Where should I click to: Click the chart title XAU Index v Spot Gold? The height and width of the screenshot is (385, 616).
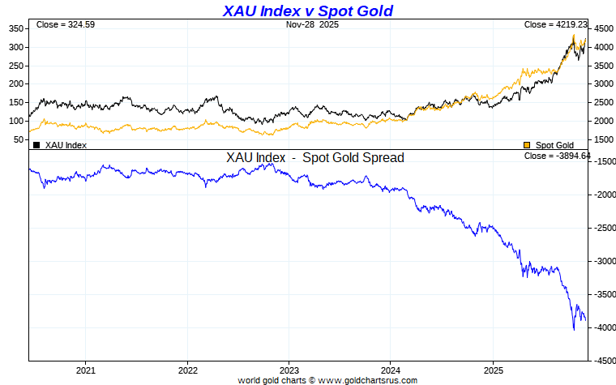307,11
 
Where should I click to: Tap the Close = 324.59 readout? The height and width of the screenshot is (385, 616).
65,25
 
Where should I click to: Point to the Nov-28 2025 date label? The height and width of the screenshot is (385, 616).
313,25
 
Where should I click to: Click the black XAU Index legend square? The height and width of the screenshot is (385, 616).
36,145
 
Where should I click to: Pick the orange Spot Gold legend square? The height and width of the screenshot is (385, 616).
528,145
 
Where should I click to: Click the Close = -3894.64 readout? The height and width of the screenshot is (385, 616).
558,156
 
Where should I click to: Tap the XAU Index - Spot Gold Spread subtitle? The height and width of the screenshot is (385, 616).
315,158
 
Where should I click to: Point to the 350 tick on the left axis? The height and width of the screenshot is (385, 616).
15,28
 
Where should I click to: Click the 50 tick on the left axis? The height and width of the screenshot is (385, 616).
18,139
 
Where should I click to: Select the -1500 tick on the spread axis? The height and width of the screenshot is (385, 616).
603,162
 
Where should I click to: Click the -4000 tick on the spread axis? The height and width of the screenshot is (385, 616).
603,327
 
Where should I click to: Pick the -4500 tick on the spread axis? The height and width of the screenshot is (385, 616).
603,361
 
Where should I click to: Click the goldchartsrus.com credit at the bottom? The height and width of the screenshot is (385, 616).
327,380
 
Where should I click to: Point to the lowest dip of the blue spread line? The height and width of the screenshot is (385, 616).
574,328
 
